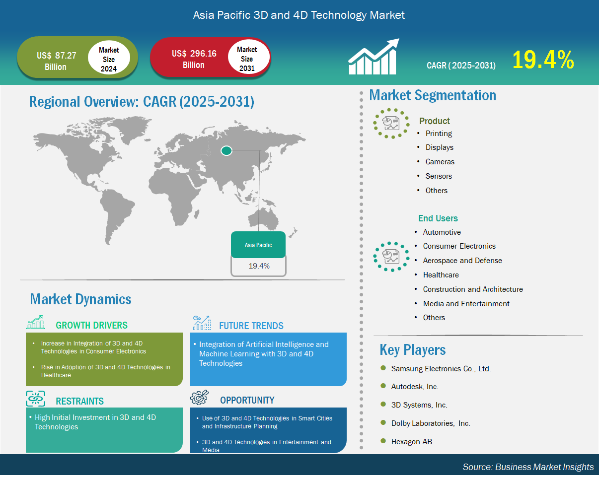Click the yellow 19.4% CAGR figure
pyautogui.click(x=543, y=60)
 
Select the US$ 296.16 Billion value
pyautogui.click(x=194, y=59)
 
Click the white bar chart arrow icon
pyautogui.click(x=374, y=57)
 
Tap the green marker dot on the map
pyautogui.click(x=226, y=151)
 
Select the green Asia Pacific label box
pyautogui.click(x=258, y=245)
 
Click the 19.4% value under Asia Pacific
pyautogui.click(x=259, y=266)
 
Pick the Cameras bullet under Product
pyautogui.click(x=440, y=162)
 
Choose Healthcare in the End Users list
pyautogui.click(x=441, y=275)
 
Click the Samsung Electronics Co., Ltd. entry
pyautogui.click(x=441, y=369)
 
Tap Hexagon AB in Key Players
pyautogui.click(x=412, y=442)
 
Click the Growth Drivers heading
pyautogui.click(x=91, y=325)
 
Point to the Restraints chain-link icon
pyautogui.click(x=35, y=399)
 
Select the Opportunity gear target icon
pyautogui.click(x=199, y=398)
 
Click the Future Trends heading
pyautogui.click(x=251, y=326)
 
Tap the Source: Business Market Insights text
pyautogui.click(x=528, y=467)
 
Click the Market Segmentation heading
pyautogui.click(x=433, y=95)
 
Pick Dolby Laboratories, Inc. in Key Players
pyautogui.click(x=431, y=423)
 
